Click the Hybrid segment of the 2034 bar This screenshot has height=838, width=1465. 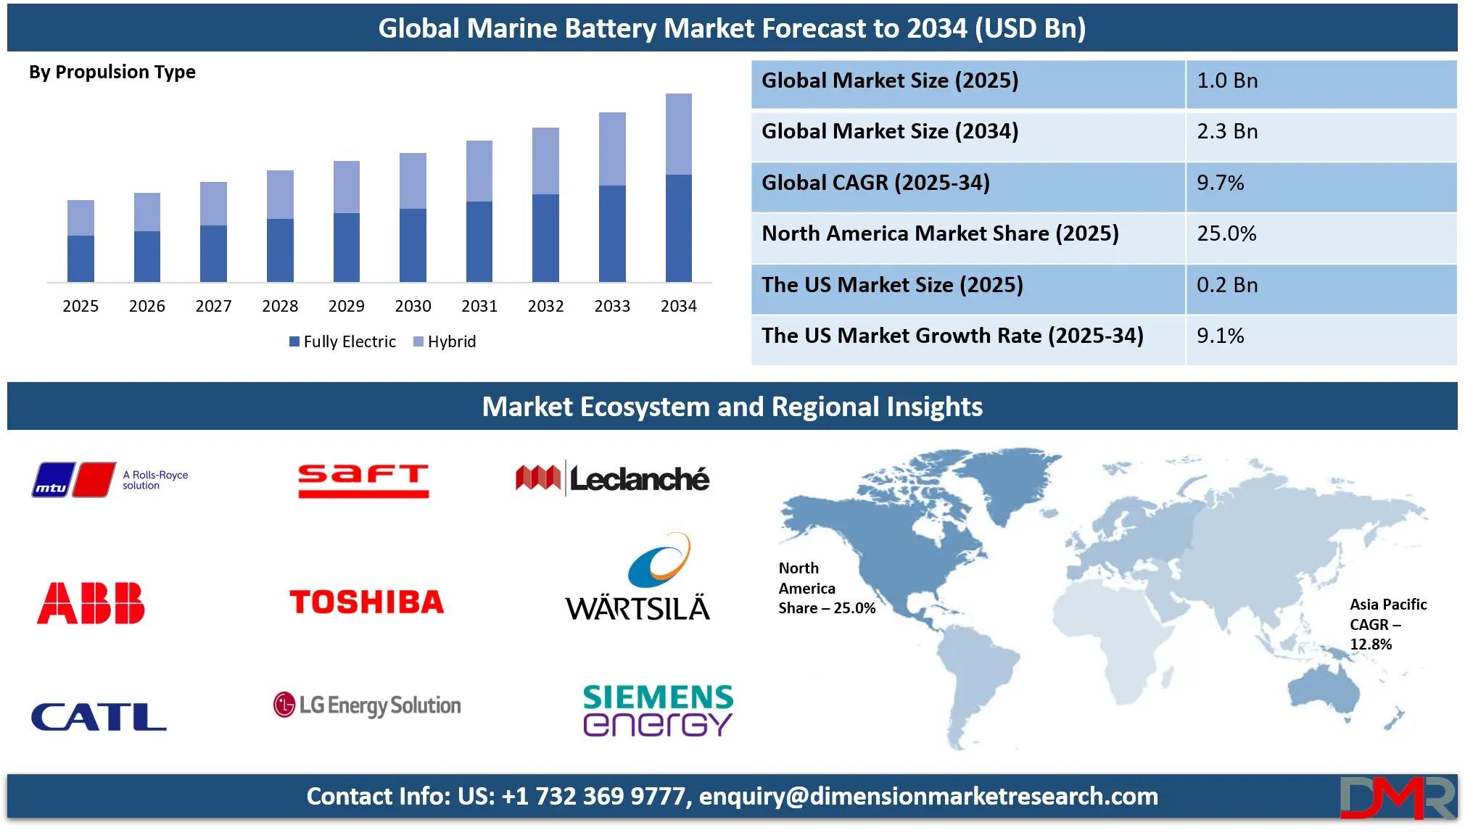[x=678, y=134]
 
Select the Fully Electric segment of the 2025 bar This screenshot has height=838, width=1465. [x=81, y=259]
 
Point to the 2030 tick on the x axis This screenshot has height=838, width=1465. [x=413, y=306]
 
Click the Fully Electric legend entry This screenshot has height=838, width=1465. [x=342, y=341]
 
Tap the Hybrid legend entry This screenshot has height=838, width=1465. [x=445, y=341]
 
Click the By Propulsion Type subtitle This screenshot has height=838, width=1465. [x=112, y=72]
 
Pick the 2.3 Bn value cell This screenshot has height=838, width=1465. [x=1227, y=131]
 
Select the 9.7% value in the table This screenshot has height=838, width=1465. [x=1220, y=183]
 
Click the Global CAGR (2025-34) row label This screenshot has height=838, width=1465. [x=875, y=183]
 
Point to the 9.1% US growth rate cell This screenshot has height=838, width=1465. [x=1220, y=336]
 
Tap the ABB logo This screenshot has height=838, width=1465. [x=91, y=603]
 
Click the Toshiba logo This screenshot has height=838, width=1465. [x=366, y=602]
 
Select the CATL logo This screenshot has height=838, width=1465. [x=99, y=716]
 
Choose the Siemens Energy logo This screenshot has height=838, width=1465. [x=658, y=710]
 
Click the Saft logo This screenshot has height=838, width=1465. [x=363, y=481]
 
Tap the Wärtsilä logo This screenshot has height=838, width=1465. [x=637, y=577]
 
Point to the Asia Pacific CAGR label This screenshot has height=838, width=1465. [x=1388, y=624]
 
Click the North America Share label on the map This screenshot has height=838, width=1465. [x=827, y=588]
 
